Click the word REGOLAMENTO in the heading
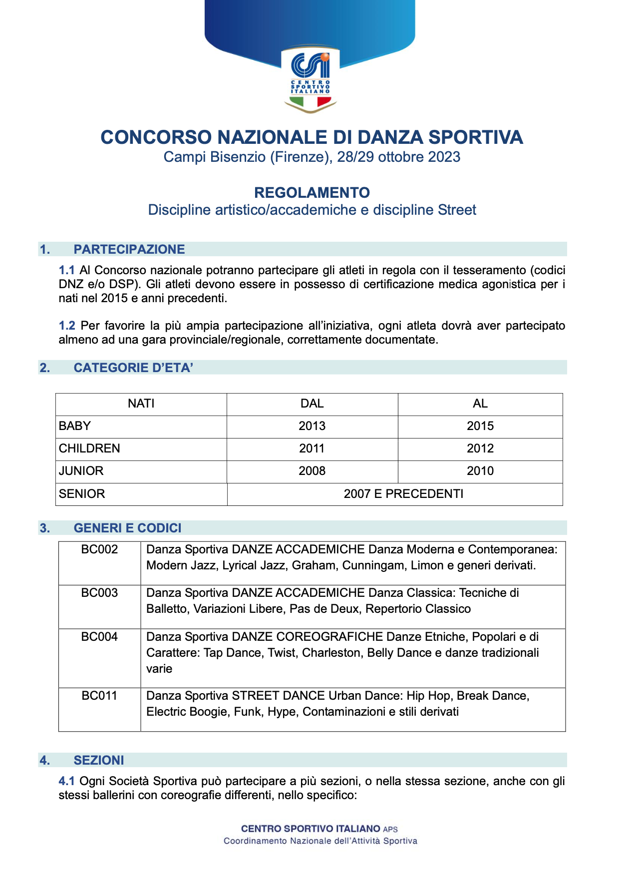click(312, 193)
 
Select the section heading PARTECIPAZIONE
click(129, 249)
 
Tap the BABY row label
click(75, 426)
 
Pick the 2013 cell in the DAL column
click(312, 426)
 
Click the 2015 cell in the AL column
click(480, 426)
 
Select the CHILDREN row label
click(89, 448)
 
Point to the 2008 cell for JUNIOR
click(312, 471)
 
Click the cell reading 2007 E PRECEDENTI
click(403, 494)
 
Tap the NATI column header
click(141, 404)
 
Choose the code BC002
click(99, 549)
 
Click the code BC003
click(99, 593)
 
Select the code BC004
click(99, 637)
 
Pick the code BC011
click(99, 696)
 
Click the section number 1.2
click(67, 326)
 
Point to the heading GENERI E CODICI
click(127, 528)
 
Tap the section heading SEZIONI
click(99, 760)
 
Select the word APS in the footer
click(390, 830)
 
